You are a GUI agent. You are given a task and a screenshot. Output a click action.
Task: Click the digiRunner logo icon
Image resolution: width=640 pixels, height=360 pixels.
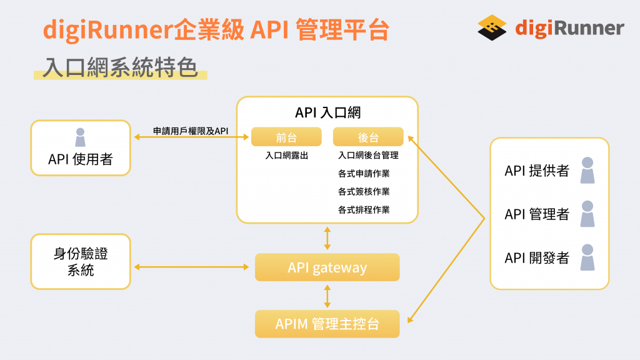[x=492, y=27]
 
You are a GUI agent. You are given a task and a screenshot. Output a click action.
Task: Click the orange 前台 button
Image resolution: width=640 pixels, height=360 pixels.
[x=286, y=137]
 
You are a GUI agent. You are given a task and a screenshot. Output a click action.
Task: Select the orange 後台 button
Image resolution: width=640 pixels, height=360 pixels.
[x=368, y=137]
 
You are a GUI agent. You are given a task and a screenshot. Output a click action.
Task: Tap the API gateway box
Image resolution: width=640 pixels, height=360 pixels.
[x=327, y=267]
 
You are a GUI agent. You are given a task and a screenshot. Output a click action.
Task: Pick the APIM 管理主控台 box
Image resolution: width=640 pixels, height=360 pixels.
[x=327, y=324]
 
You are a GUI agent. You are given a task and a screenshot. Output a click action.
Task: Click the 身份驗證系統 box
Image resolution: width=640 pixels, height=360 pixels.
[x=81, y=262]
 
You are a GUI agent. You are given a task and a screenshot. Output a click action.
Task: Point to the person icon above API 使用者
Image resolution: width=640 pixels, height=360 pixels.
[x=80, y=137]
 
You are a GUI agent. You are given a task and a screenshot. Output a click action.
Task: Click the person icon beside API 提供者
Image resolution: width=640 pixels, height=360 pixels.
[x=587, y=170]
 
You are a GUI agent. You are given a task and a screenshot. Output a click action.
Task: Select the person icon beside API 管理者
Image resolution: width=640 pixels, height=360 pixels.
[x=587, y=214]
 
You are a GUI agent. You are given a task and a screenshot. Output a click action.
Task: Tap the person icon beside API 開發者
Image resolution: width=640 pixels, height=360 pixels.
[x=587, y=257]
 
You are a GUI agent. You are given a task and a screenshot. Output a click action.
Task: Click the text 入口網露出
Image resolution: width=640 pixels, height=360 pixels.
[x=286, y=156]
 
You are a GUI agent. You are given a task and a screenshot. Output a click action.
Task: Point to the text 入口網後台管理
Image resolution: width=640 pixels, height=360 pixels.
[x=368, y=156]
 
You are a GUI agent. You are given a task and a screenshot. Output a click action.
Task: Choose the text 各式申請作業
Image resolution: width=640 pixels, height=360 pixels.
[x=364, y=174]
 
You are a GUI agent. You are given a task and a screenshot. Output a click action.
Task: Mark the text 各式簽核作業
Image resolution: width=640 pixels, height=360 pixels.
[x=364, y=192]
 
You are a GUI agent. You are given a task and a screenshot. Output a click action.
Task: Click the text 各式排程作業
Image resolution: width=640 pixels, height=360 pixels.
[x=364, y=210]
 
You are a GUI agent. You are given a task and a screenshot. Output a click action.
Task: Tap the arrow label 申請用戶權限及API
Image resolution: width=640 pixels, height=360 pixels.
[x=191, y=131]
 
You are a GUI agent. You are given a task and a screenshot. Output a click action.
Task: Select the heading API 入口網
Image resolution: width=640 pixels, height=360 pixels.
[x=327, y=112]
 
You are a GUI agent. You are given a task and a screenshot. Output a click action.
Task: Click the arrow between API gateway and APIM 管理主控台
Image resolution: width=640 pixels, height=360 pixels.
[x=327, y=296]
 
